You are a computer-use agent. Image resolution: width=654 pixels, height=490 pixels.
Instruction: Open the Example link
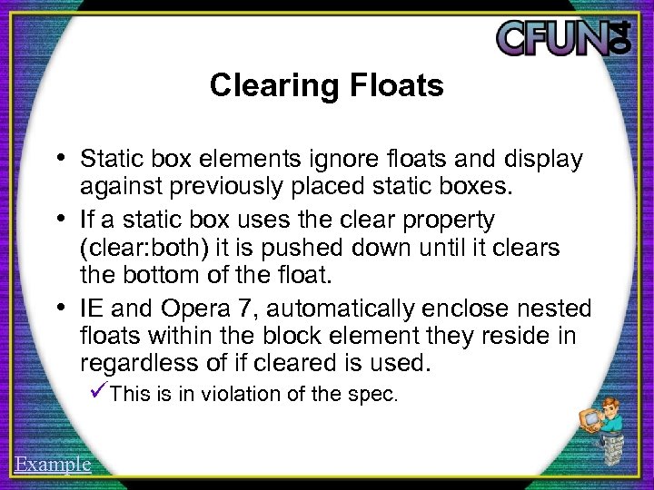[x=53, y=465]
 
